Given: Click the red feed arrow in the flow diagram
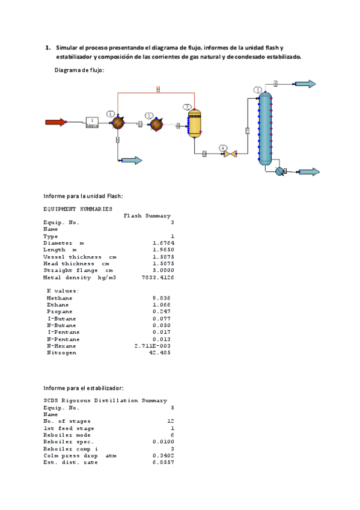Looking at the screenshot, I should point(55,122).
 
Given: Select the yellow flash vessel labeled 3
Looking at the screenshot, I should point(194,124).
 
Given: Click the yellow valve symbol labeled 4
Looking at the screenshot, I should point(230,154).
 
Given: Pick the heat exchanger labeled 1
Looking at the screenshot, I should point(118,123).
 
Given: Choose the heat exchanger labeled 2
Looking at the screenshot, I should point(156,124).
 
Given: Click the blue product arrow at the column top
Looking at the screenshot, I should point(304,84).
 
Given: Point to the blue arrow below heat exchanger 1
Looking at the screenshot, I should point(131,161).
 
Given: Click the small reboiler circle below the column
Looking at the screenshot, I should point(279,171).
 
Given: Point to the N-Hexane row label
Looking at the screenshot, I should point(61,346).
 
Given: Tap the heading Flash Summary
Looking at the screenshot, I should point(147,215).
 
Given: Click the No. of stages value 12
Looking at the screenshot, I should point(170,420).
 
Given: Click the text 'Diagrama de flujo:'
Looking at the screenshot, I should point(79,70).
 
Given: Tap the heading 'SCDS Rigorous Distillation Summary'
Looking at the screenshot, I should point(105,400).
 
